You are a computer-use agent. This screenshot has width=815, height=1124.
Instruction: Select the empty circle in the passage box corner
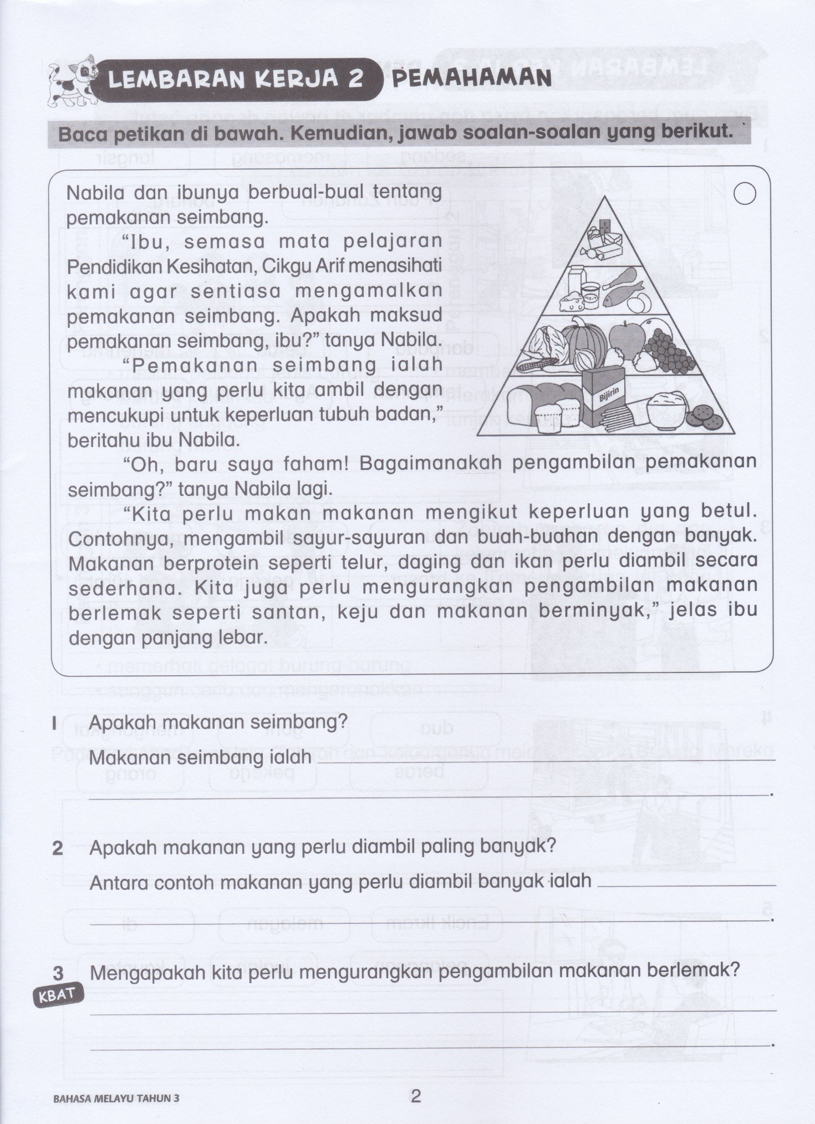(745, 194)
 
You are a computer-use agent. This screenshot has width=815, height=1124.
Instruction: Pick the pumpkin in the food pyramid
(580, 337)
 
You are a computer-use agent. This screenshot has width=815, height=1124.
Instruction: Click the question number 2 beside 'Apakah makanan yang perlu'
(57, 848)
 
